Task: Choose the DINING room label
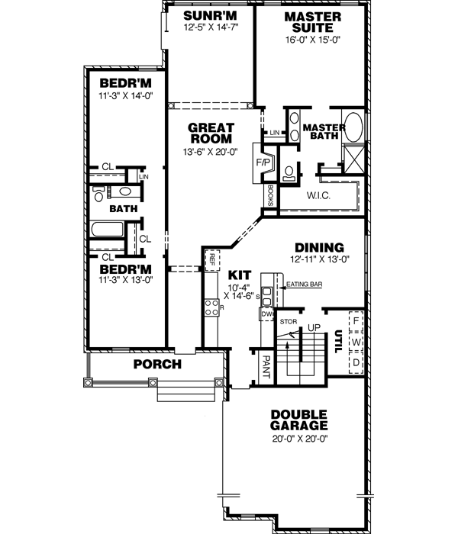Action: (319, 248)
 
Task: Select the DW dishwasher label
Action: (266, 314)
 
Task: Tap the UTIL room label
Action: (337, 343)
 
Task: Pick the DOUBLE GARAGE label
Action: (299, 419)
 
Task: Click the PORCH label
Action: (157, 365)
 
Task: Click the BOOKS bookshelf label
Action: (269, 195)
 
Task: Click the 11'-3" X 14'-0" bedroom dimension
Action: (126, 97)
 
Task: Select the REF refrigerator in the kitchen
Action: (211, 259)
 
